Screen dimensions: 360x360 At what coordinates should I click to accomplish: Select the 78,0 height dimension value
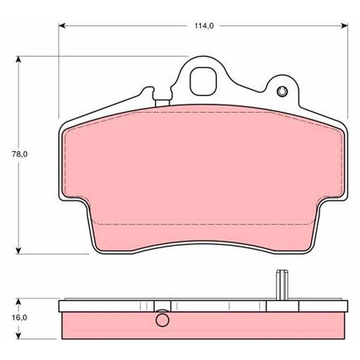coord(20,154)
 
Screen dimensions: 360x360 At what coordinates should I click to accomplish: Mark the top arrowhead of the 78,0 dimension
coord(19,59)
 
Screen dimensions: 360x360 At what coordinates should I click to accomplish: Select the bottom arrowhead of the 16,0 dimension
coord(19,334)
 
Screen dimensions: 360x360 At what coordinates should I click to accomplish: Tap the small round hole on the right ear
coord(282,91)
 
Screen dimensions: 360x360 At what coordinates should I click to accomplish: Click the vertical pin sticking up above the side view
coord(282,285)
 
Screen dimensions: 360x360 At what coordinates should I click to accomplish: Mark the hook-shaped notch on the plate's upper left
coord(148,91)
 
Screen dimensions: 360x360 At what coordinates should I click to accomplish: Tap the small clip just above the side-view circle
coord(162,306)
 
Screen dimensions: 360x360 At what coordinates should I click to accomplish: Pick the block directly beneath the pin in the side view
coord(282,306)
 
